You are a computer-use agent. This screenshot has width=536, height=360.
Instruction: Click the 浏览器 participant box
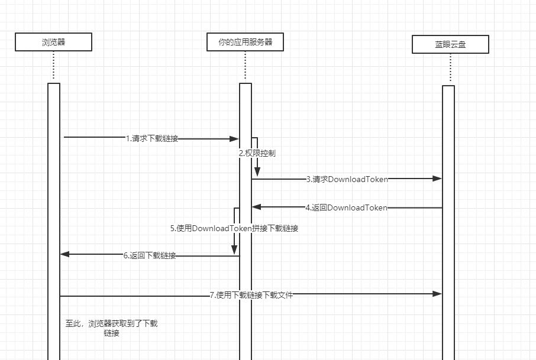(x=53, y=42)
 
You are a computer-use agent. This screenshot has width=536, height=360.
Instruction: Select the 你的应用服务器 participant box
(x=245, y=42)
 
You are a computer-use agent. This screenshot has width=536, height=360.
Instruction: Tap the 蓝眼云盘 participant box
(x=450, y=44)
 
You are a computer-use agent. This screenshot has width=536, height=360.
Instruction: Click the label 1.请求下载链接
(x=152, y=139)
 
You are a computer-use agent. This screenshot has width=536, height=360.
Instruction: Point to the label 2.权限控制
(x=257, y=153)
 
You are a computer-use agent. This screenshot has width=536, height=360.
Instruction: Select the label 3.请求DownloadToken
(x=347, y=179)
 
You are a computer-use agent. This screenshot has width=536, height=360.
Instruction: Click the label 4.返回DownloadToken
(x=347, y=207)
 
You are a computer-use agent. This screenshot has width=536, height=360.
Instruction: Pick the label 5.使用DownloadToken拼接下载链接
(x=234, y=228)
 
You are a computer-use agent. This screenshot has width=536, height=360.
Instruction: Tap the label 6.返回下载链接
(x=150, y=256)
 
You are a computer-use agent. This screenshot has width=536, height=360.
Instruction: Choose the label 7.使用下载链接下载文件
(x=251, y=295)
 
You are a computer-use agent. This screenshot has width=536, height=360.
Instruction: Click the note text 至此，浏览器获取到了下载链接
(x=111, y=328)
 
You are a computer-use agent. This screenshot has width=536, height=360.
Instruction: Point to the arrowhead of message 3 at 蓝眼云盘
(x=437, y=178)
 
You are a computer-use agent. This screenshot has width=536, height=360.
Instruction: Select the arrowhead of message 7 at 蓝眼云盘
(x=437, y=294)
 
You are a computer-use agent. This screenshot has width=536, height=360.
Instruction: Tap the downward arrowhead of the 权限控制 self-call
(x=257, y=172)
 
